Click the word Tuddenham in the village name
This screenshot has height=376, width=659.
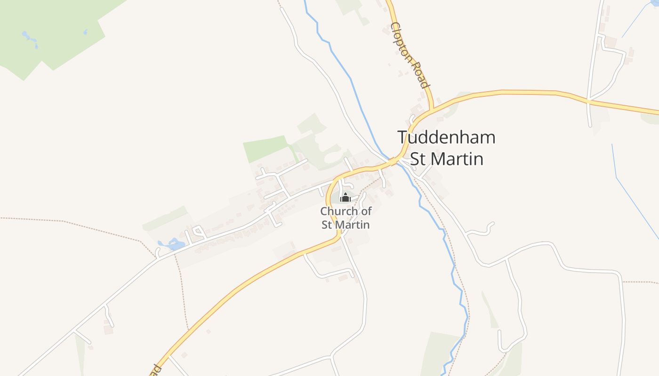point(446,138)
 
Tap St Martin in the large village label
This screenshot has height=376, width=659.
point(447,159)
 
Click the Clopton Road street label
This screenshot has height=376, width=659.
point(410,55)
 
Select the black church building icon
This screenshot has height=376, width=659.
point(346,197)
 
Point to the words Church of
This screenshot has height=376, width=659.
point(346,211)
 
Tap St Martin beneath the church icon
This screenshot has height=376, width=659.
point(346,225)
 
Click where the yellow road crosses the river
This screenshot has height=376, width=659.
point(394,161)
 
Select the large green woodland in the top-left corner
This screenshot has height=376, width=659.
point(52,33)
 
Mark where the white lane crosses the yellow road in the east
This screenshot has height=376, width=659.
point(588,100)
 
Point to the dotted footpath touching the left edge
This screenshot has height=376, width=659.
point(28,219)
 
